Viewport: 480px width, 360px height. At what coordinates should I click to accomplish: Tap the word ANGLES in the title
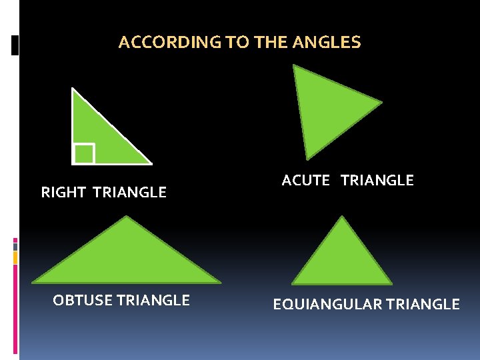(331, 43)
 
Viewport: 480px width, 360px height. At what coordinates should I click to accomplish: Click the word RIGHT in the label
(63, 193)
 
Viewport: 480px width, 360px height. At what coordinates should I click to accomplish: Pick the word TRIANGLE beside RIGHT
(130, 193)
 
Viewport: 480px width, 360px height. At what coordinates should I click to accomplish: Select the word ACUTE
(306, 181)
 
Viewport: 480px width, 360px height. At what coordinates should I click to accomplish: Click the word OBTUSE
(83, 301)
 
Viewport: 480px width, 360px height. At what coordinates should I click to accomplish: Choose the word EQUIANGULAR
(327, 305)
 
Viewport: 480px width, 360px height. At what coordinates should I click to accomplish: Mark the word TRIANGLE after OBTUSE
(153, 301)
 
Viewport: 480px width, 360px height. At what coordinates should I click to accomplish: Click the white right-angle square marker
(84, 153)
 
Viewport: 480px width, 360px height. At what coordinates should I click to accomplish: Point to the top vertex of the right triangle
(73, 89)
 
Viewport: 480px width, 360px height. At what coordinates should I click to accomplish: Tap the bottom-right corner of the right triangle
(151, 163)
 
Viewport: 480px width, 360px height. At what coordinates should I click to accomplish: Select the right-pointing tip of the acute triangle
(381, 103)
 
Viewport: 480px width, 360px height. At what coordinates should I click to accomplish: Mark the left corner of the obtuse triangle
(33, 281)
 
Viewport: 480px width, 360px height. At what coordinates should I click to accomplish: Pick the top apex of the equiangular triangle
(343, 217)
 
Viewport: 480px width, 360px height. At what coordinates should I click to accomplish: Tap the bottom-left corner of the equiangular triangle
(293, 283)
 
